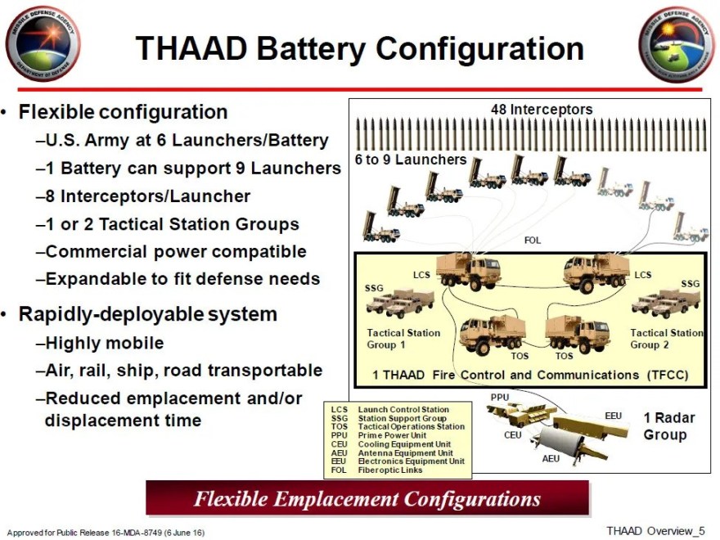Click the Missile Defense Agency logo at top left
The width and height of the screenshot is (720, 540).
pyautogui.click(x=41, y=43)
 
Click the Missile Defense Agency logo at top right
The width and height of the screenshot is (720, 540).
pyautogui.click(x=676, y=43)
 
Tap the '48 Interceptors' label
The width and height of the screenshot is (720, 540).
pyautogui.click(x=541, y=109)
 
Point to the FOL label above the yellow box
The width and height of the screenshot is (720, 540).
pyautogui.click(x=532, y=241)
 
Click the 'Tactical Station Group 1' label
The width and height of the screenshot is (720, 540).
pyautogui.click(x=403, y=339)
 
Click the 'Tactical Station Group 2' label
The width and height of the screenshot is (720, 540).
pyautogui.click(x=666, y=339)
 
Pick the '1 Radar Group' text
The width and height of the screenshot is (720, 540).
pyautogui.click(x=668, y=425)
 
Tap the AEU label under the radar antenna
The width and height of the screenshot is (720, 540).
pyautogui.click(x=551, y=459)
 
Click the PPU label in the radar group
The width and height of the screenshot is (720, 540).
pyautogui.click(x=499, y=397)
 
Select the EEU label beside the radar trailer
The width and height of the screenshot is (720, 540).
pyautogui.click(x=613, y=416)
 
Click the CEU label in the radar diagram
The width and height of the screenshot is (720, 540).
pyautogui.click(x=512, y=435)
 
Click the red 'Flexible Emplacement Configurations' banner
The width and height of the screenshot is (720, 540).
pyautogui.click(x=367, y=498)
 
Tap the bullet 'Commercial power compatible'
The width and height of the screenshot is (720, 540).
pyautogui.click(x=176, y=251)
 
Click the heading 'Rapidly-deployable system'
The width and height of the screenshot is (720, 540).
pyautogui.click(x=148, y=314)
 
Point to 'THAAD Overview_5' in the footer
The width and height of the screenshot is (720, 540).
pyautogui.click(x=655, y=530)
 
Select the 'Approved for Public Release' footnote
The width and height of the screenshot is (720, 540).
pyautogui.click(x=106, y=533)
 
